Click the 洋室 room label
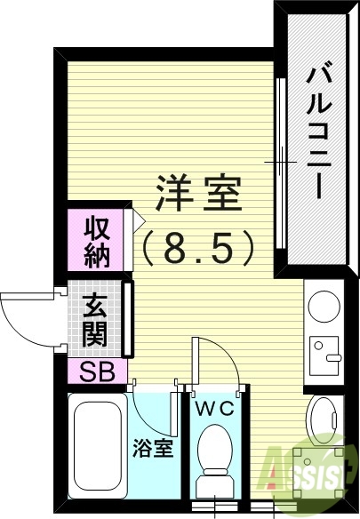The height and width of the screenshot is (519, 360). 199,193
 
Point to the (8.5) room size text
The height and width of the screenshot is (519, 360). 199,247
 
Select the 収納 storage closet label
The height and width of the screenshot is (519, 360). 97,241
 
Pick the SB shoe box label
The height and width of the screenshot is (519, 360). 97,371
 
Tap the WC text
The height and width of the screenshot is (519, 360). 212,410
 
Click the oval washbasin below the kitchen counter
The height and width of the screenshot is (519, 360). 322,418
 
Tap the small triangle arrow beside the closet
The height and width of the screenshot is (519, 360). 138,216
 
